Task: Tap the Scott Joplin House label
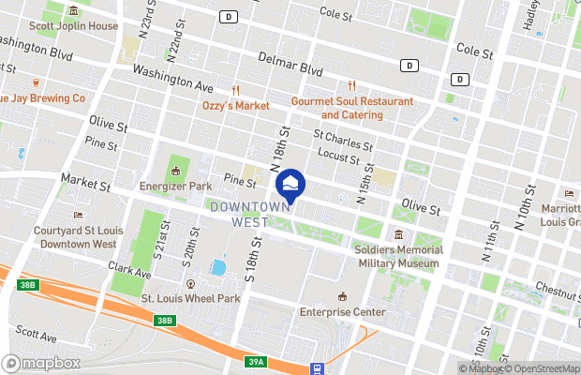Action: [74, 26]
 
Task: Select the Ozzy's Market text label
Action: [236, 106]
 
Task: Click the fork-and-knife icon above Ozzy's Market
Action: [236, 90]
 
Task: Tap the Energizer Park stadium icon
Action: [175, 171]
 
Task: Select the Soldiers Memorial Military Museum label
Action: [396, 257]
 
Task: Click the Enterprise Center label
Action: [342, 311]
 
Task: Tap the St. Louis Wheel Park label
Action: [190, 298]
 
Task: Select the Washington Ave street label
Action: [172, 77]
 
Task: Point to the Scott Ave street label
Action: [37, 334]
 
